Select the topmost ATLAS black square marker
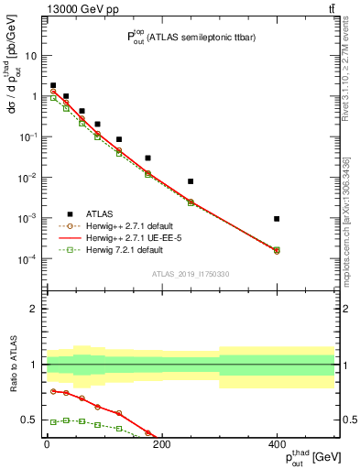[53, 85]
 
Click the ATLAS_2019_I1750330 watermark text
[191, 273]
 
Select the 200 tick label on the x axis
[162, 444]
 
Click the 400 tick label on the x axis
[277, 444]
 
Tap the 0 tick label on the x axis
[47, 444]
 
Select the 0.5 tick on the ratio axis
[29, 420]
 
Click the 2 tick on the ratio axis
[33, 309]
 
